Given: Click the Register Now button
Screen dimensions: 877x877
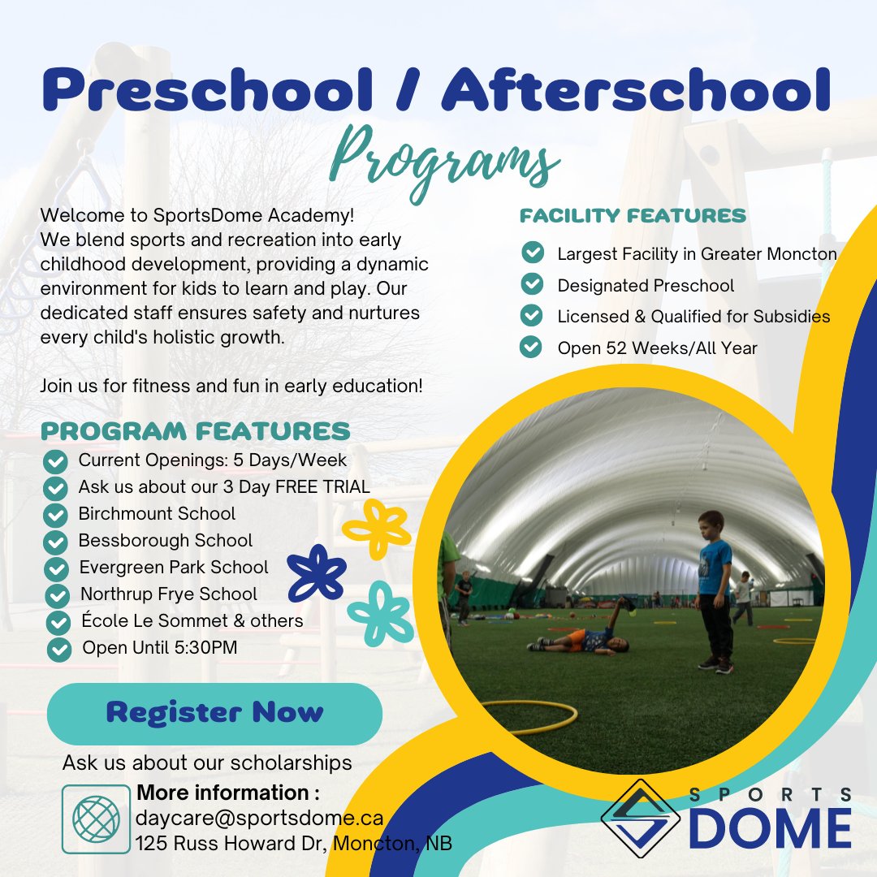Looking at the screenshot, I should coord(214,713).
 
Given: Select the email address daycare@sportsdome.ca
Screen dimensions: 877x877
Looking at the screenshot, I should coord(260,817).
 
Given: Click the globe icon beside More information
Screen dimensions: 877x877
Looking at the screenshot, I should coord(96,818).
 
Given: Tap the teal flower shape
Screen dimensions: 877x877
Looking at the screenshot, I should coord(380,613).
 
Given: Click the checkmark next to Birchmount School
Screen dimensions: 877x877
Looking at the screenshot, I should coord(55,515).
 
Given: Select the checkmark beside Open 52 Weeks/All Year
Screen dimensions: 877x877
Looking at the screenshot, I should coord(531,348).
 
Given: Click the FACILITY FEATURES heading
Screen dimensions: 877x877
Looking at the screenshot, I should coord(633,216).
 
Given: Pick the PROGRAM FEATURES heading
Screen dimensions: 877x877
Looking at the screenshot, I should coord(196,430).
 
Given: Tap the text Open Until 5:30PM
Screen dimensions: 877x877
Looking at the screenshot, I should coord(159,648).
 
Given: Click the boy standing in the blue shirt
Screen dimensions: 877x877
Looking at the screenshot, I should coord(713,589).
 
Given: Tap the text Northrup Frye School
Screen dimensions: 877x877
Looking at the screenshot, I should coord(168,594).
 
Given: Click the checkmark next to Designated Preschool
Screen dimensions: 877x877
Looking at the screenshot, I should coord(531,284).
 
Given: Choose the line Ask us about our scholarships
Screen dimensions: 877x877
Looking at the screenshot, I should coord(207,763).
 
